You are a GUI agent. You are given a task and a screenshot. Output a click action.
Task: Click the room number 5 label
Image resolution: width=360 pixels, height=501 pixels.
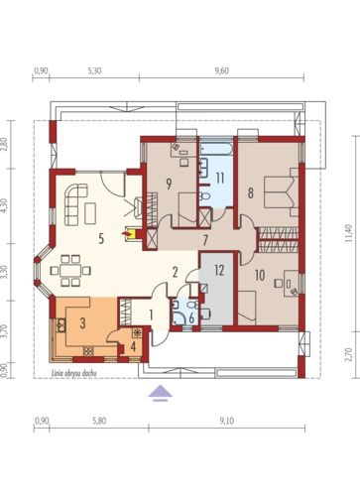coord(101,238)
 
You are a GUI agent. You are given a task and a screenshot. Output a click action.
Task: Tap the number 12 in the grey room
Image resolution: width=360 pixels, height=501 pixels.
coord(219,270)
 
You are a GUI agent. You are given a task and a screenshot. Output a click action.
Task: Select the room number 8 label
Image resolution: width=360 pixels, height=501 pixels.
coord(251,192)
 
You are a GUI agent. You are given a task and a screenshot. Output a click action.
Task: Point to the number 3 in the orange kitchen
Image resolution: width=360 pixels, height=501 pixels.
coord(82,323)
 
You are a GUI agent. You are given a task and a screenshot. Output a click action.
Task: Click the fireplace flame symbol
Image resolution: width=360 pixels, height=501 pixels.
coord(126,234)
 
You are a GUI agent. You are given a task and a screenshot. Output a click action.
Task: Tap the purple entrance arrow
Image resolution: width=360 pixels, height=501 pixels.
coord(160,393)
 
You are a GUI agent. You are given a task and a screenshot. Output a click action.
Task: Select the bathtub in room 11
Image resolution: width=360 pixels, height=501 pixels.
coord(216,149)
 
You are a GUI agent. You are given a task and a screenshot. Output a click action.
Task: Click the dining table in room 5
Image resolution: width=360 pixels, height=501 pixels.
coord(70,271)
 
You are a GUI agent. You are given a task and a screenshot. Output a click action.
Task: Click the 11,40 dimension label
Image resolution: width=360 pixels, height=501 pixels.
coord(349,233)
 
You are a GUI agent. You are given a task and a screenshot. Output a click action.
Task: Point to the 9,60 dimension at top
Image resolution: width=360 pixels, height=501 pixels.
coord(221,70)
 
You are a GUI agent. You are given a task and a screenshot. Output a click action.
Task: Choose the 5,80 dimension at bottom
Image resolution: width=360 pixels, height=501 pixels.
coord(99,421)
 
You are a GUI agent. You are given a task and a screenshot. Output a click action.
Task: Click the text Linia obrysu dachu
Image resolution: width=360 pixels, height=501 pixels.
coord(74,373)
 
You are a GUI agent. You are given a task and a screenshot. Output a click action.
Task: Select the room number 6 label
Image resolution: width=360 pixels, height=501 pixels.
coord(191,318)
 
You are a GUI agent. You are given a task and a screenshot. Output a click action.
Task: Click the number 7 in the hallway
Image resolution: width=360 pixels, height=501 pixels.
coord(205,240)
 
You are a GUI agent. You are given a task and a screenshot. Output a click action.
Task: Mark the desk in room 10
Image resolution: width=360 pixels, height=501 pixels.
coord(292,284)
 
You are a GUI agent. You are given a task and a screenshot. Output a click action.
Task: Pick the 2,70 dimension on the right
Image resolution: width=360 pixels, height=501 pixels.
coord(349,354)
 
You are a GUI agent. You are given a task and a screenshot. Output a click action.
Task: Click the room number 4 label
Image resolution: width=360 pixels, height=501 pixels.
coord(133,346)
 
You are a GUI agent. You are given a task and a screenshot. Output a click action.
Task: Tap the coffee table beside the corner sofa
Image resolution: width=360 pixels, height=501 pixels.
coord(90,213)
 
